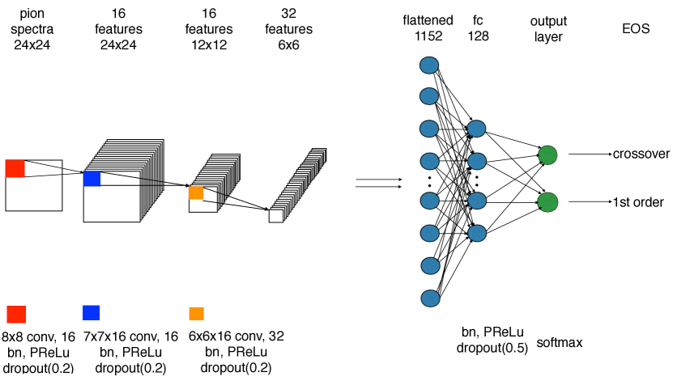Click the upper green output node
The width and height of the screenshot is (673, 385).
(547, 155)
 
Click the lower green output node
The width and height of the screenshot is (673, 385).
(547, 201)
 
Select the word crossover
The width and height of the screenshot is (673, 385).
(640, 154)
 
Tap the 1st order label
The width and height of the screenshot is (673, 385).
(639, 201)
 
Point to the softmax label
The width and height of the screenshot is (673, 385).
(560, 342)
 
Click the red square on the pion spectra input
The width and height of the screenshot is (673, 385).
(15, 168)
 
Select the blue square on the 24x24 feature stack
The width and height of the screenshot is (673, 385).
(92, 179)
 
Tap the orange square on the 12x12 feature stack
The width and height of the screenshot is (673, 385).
(196, 192)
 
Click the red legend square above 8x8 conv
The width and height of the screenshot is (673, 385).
(16, 314)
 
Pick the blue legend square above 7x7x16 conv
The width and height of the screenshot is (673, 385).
(91, 312)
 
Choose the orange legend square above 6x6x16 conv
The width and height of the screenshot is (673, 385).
(196, 314)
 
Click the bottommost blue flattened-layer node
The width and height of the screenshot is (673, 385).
(428, 299)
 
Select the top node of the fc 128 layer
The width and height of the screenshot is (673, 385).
(476, 128)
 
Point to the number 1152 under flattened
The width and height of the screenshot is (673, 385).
(428, 36)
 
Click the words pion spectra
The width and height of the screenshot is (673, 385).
(32, 22)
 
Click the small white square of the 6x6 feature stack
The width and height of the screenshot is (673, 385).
(276, 216)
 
